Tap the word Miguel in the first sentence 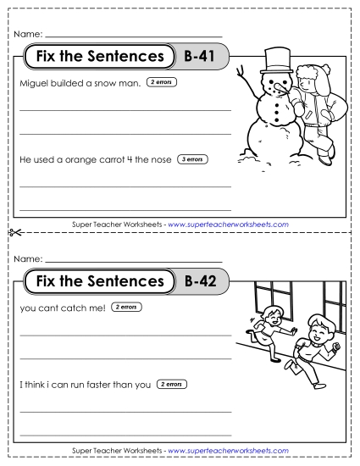coord(34,84)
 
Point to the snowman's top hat coord(275,58)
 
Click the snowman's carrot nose coord(285,87)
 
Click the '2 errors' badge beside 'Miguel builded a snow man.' coord(161,83)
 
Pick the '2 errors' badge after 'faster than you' coord(173,384)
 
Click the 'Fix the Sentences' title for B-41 coord(95,58)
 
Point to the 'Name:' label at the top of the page coord(28,35)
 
